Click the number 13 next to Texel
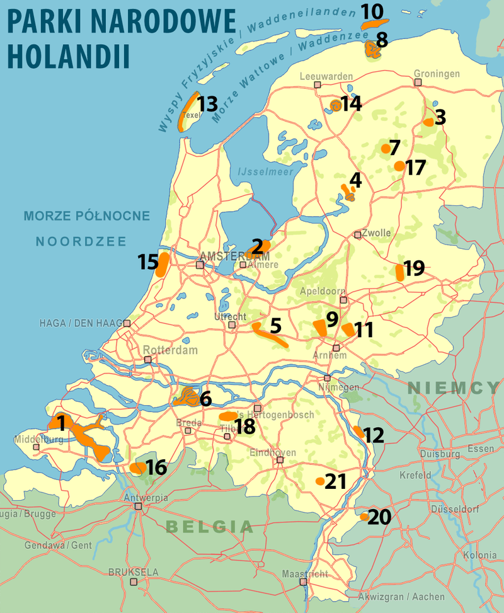pos(207,103)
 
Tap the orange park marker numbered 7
pos(385,149)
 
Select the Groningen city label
pos(437,74)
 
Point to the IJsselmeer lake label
pos(260,170)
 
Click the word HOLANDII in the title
pos(69,55)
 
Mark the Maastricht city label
pos(305,574)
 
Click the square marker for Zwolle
pos(358,234)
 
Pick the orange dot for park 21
pos(320,481)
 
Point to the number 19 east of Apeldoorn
pos(414,268)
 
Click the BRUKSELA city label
pos(134,573)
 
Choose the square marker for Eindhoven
pos(280,460)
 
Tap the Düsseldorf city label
pos(452,509)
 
